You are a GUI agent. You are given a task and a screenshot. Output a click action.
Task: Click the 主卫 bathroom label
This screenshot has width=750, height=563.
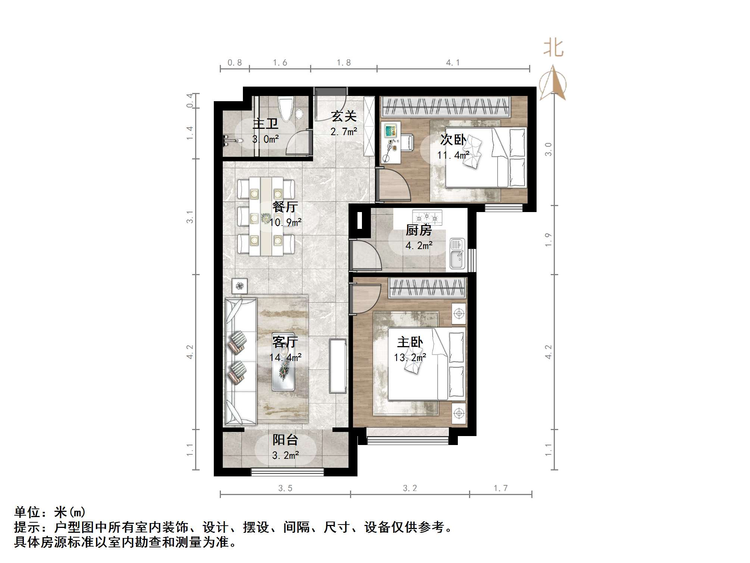pyautogui.click(x=265, y=124)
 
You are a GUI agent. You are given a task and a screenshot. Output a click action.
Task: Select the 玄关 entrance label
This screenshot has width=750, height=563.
pyautogui.click(x=344, y=116)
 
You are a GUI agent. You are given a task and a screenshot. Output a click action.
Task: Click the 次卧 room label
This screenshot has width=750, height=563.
pyautogui.click(x=453, y=140)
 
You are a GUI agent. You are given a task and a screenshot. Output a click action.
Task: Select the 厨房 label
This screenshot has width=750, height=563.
pyautogui.click(x=419, y=230)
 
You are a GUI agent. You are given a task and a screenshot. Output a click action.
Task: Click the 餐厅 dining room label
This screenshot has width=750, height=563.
pyautogui.click(x=285, y=207)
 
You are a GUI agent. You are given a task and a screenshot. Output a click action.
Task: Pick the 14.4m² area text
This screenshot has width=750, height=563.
pyautogui.click(x=285, y=358)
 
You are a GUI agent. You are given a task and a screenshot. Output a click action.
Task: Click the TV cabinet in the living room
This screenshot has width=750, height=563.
pyautogui.click(x=338, y=366)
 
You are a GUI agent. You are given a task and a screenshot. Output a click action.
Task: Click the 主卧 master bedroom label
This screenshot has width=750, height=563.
pyautogui.click(x=410, y=342)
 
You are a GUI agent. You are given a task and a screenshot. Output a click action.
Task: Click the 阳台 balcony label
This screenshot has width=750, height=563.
pyautogui.click(x=285, y=440)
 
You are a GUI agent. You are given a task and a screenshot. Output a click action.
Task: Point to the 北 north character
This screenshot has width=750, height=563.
pyautogui.click(x=553, y=49)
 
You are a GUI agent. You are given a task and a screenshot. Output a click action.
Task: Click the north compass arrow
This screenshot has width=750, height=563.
pyautogui.click(x=553, y=83)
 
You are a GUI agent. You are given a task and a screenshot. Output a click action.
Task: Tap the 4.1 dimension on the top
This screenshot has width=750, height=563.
pyautogui.click(x=453, y=63)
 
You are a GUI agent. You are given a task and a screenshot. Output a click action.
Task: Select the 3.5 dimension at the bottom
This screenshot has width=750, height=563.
pyautogui.click(x=285, y=488)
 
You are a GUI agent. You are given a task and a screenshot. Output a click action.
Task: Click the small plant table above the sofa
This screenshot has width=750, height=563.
pyautogui.click(x=239, y=286)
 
